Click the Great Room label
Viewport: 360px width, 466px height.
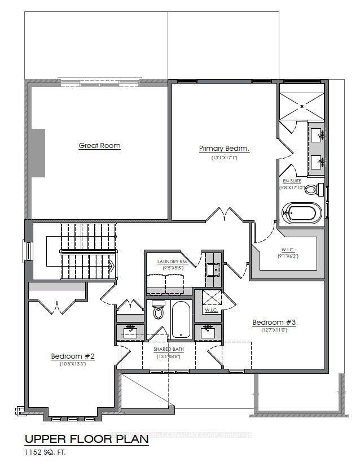pyautogui.click(x=99, y=146)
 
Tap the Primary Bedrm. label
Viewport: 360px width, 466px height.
pyautogui.click(x=224, y=149)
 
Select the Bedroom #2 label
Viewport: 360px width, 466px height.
pyautogui.click(x=72, y=356)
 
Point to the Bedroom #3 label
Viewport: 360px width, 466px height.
pyautogui.click(x=274, y=323)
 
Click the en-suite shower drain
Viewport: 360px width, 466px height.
pyautogui.click(x=302, y=106)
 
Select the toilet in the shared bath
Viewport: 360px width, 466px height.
pyautogui.click(x=158, y=312)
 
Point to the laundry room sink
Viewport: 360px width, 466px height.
pyautogui.click(x=212, y=270)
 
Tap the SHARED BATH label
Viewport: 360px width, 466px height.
pyautogui.click(x=170, y=349)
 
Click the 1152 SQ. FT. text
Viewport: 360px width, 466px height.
pyautogui.click(x=49, y=451)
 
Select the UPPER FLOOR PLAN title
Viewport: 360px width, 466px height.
pyautogui.click(x=86, y=438)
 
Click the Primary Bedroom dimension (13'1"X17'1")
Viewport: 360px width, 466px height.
pyautogui.click(x=224, y=159)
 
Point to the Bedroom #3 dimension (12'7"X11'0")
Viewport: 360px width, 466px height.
pyautogui.click(x=274, y=330)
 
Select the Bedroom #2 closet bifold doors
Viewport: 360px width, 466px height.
pyautogui.click(x=57, y=306)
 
